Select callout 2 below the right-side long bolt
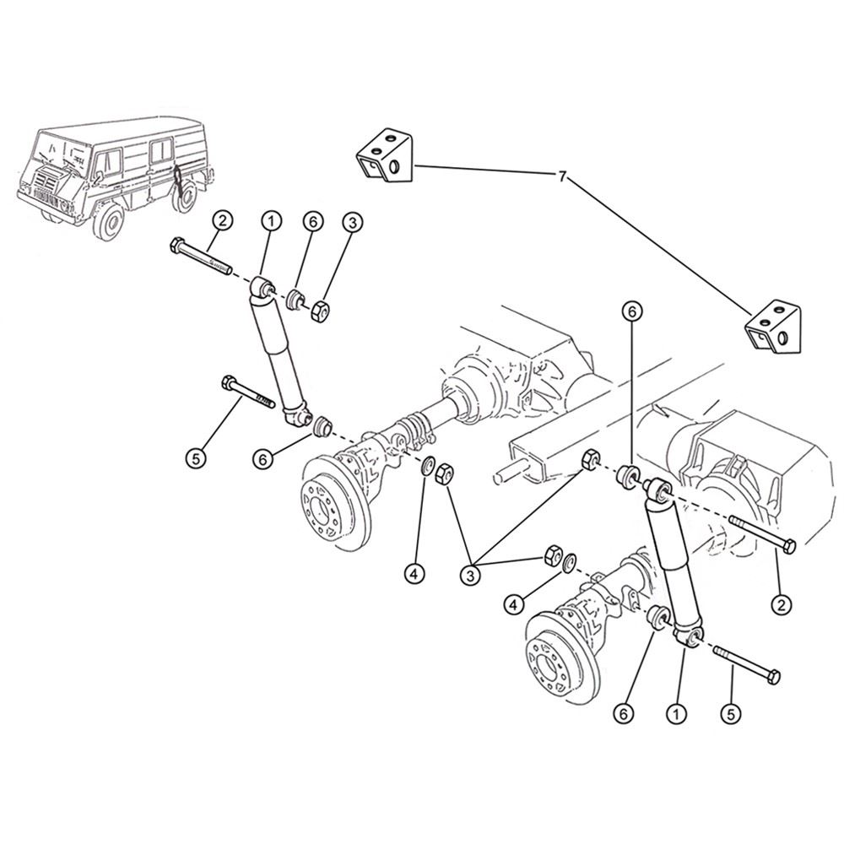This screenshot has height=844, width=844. click(x=782, y=603)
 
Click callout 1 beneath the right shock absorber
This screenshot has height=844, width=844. click(x=675, y=713)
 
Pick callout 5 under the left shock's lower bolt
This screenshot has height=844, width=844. click(x=196, y=458)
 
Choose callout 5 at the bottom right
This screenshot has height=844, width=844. click(x=732, y=713)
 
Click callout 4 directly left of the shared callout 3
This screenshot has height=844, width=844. click(x=414, y=573)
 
